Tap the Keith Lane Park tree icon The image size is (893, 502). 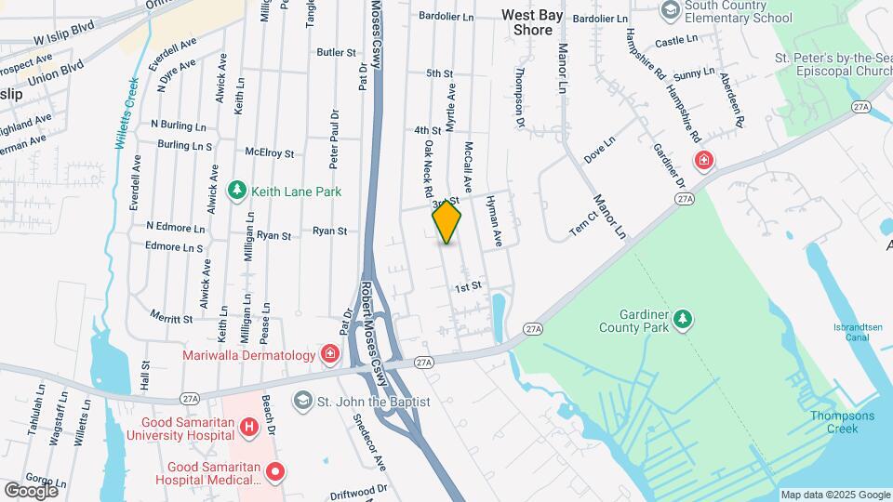pyautogui.click(x=237, y=191)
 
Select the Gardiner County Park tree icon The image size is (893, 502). pyautogui.click(x=684, y=320)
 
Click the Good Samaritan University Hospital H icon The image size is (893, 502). pyautogui.click(x=248, y=429)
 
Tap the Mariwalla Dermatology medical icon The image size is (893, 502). pyautogui.click(x=329, y=354)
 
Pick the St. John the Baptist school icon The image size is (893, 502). pyautogui.click(x=302, y=402)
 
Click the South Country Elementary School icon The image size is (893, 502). pyautogui.click(x=669, y=9)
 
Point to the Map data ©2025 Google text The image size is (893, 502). pyautogui.click(x=834, y=495)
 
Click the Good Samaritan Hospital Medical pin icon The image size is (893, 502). pyautogui.click(x=275, y=472)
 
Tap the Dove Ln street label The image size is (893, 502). pyautogui.click(x=600, y=151)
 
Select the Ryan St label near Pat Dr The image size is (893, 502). pyautogui.click(x=329, y=231)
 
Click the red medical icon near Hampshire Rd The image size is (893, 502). pyautogui.click(x=704, y=159)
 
